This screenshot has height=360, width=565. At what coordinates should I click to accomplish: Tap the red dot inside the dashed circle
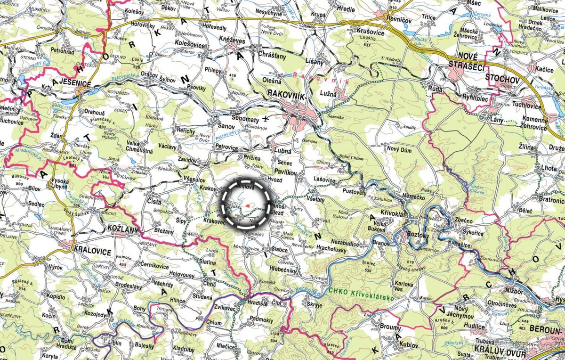[248, 206]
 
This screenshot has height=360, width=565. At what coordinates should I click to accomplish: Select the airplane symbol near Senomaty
[267, 118]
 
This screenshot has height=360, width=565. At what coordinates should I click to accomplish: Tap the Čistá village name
[154, 202]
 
